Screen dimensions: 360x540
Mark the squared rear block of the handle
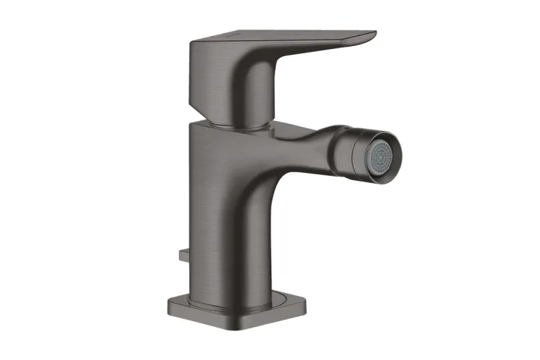pyautogui.click(x=205, y=72)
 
